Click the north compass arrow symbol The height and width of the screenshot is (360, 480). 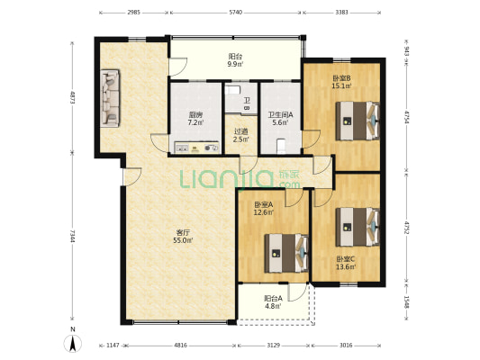coord(73,344)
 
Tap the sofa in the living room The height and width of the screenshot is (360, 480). coord(110,98)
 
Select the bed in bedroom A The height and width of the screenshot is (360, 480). coord(286,253)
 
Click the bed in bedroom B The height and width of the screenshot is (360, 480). coord(358,121)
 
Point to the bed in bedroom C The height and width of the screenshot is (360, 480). coord(358,227)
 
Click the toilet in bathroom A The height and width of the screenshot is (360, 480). coord(281,146)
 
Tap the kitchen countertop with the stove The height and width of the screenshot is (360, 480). coord(196,147)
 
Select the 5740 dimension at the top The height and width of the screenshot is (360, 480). coord(235,13)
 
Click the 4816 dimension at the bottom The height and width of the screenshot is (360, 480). coord(180,346)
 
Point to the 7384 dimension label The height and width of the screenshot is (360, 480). coord(73,236)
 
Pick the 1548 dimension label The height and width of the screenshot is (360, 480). coord(406,301)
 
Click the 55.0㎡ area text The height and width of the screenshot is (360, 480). coord(183,240)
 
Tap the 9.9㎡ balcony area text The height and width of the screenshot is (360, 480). coord(235,64)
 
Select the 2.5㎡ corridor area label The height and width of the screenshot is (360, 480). coord(240,139)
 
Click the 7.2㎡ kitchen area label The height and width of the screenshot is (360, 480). coord(195,123)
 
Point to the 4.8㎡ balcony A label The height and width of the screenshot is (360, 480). coord(274,306)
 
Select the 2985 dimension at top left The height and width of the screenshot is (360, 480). coord(134,13)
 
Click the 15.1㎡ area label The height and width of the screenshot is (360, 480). coord(341,85)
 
